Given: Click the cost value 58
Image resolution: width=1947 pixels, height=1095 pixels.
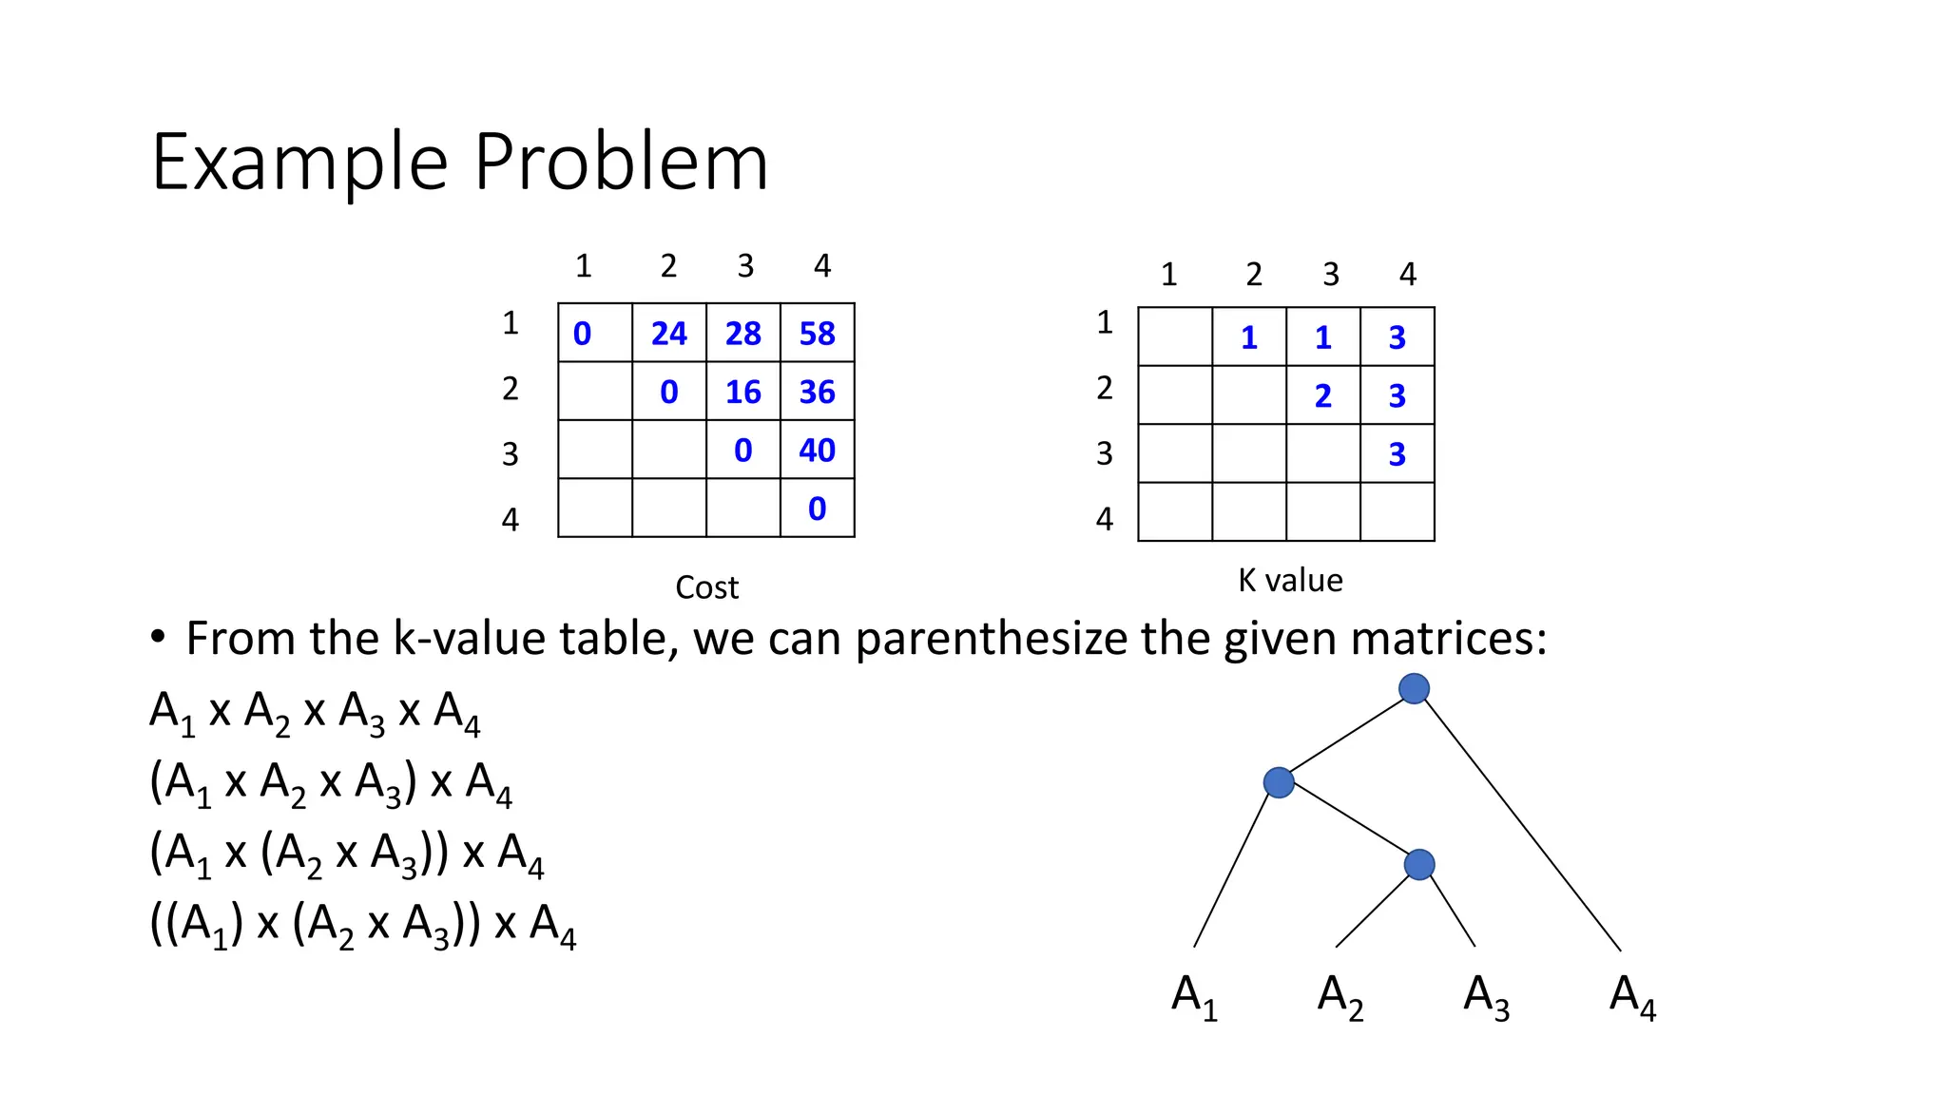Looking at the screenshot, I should pos(817,334).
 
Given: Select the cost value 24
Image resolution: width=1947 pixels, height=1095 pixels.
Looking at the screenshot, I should pos(668,334).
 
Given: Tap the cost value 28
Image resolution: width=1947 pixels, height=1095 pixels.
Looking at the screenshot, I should pos(742,334).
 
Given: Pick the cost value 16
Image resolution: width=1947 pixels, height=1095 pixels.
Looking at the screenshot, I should pos(742,392).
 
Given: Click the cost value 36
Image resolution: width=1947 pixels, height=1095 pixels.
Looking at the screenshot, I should pos(817,392).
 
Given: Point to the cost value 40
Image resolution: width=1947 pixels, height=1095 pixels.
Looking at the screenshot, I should pos(817,450).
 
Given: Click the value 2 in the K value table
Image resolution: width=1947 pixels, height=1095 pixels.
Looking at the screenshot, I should pos(1322,395).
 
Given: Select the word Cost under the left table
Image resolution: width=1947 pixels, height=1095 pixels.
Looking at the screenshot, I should pos(706,587).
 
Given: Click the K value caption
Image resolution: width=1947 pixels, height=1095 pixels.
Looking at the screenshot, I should pos(1290,580).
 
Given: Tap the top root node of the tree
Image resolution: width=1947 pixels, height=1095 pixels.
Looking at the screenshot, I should pos(1414,688).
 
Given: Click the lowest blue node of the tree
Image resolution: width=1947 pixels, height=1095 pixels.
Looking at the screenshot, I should pos(1418,864).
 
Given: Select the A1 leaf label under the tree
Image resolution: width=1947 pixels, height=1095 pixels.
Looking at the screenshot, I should pos(1194,996).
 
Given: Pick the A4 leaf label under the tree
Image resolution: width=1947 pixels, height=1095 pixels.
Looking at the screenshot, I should pos(1632,996).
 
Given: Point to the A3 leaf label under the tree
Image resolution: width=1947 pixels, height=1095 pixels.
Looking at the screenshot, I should pos(1486,996).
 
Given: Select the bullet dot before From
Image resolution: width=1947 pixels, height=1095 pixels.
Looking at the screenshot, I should pos(158,637).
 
